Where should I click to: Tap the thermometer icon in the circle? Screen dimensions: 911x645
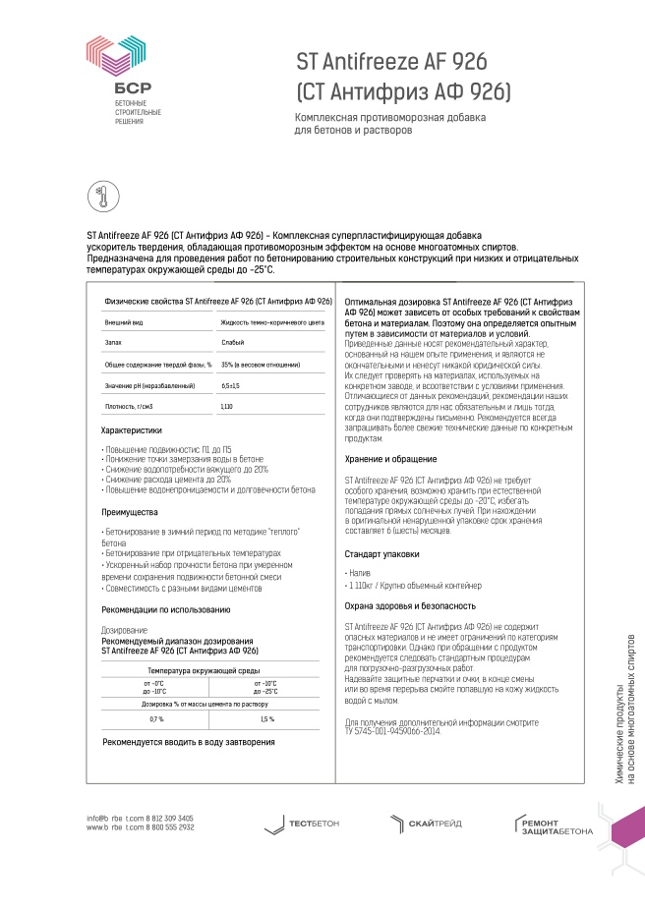click(x=100, y=195)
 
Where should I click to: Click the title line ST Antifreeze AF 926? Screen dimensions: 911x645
click(x=391, y=63)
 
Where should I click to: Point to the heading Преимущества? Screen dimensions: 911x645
click(x=130, y=512)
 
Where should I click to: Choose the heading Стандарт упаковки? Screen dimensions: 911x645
click(x=382, y=554)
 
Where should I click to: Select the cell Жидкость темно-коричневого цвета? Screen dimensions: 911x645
click(x=272, y=321)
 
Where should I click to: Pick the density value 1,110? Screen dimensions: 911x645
click(x=227, y=406)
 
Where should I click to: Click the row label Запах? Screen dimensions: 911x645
click(x=113, y=342)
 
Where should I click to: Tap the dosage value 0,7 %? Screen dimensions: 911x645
click(x=156, y=719)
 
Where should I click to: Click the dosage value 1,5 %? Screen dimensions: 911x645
click(x=266, y=719)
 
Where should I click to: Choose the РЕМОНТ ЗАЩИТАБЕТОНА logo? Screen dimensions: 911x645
click(x=554, y=826)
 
